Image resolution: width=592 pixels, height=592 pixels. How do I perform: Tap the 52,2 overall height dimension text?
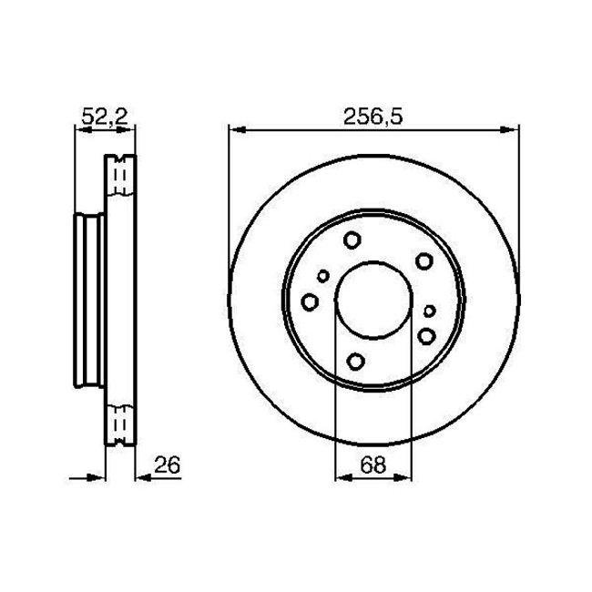click(103, 115)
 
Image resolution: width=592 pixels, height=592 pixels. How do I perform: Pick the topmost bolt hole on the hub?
click(352, 241)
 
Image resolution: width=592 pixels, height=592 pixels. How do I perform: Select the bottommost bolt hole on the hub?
click(357, 360)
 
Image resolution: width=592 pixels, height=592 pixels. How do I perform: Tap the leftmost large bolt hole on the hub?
click(310, 301)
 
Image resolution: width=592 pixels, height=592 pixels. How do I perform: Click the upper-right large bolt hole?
click(423, 262)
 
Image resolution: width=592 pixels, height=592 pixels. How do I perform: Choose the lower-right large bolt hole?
click(426, 337)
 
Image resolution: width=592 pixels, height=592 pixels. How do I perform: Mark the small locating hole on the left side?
click(323, 277)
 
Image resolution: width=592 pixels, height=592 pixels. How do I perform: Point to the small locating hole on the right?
click(430, 311)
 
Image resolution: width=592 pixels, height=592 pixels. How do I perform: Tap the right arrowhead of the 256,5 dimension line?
click(511, 130)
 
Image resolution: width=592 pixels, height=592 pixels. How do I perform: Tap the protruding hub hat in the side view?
click(87, 301)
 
